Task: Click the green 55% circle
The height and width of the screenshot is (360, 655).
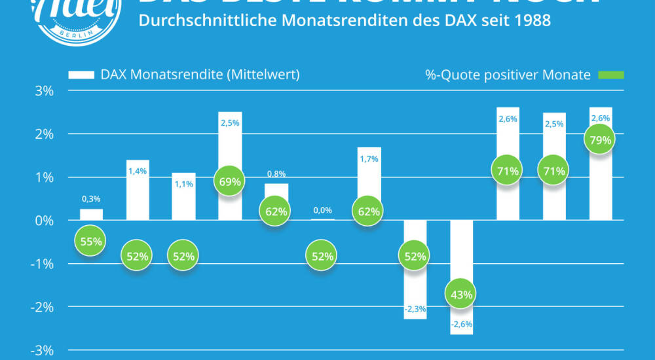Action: coord(91,242)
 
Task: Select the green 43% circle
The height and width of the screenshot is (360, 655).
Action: coord(462,295)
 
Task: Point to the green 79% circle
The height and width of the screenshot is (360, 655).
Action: coord(600,139)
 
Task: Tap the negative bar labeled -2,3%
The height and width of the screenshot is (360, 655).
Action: coord(415,288)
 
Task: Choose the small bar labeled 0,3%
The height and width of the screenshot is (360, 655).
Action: coord(91,215)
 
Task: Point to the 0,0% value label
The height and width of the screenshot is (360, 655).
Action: coord(322,210)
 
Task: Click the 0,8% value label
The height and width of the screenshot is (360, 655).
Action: coord(276,174)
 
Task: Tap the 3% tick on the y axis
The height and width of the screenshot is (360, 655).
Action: coord(44,90)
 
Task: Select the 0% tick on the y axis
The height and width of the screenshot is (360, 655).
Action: coord(44,221)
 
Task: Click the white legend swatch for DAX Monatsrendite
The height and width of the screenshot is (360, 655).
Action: coord(82,75)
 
